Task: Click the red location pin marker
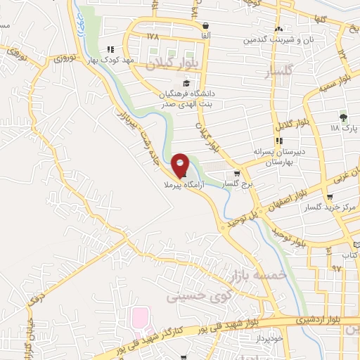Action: tap(180, 167)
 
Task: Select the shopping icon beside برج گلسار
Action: tap(237, 174)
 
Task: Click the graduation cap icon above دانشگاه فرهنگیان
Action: tap(186, 83)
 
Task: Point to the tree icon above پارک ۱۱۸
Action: tap(343, 117)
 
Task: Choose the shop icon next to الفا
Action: tap(206, 26)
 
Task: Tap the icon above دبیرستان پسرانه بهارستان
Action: tap(279, 141)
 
